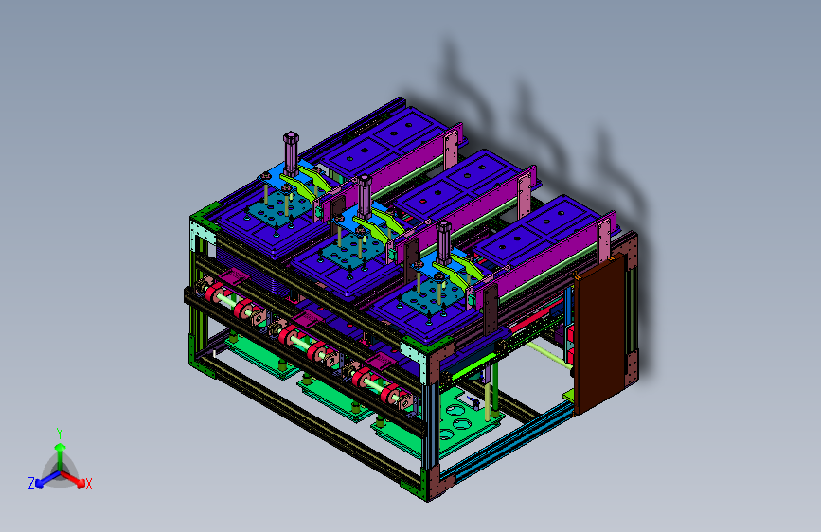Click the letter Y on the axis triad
[60, 434]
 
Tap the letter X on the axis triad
[88, 484]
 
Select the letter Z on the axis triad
[31, 484]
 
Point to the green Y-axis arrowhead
[61, 448]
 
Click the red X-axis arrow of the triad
[73, 479]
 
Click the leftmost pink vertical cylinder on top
[291, 154]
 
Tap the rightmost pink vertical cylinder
[443, 242]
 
